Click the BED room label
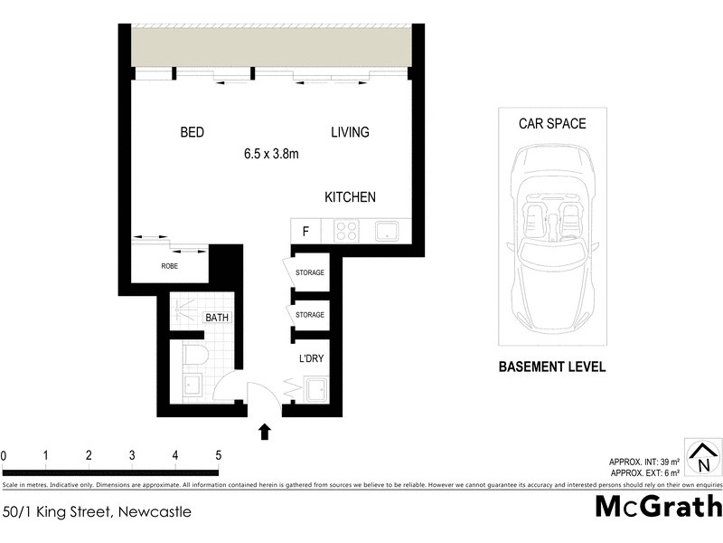pyautogui.click(x=192, y=132)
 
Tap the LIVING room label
pyautogui.click(x=350, y=132)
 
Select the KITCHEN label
pyautogui.click(x=351, y=197)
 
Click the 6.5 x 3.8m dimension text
pyautogui.click(x=271, y=154)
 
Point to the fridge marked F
pyautogui.click(x=306, y=231)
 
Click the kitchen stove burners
pyautogui.click(x=346, y=231)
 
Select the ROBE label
pyautogui.click(x=169, y=266)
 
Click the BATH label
pyautogui.click(x=217, y=318)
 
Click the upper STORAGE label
pyautogui.click(x=310, y=272)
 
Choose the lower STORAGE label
pyautogui.click(x=310, y=315)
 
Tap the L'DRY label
pyautogui.click(x=311, y=358)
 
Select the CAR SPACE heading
pyautogui.click(x=552, y=124)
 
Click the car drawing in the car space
pyautogui.click(x=551, y=240)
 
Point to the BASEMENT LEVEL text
pyautogui.click(x=552, y=367)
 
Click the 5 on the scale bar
pyautogui.click(x=218, y=455)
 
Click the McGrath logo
pyautogui.click(x=657, y=506)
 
